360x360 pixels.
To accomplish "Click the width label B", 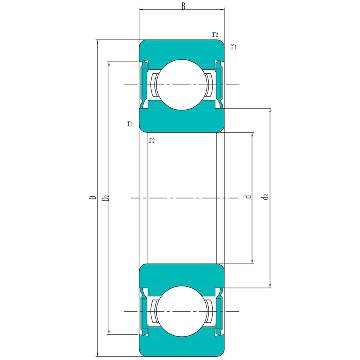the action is click(183, 6).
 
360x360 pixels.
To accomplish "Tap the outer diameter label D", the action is click(92, 198).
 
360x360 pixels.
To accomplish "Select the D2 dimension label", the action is click(105, 198).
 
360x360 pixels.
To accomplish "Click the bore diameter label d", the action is click(248, 197).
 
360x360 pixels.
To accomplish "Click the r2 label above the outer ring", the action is click(215, 34).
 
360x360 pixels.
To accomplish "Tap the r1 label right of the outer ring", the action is click(234, 47).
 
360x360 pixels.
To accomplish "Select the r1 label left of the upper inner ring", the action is click(130, 124).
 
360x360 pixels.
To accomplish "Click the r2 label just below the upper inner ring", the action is click(152, 140).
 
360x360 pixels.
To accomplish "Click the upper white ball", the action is click(182, 85).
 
